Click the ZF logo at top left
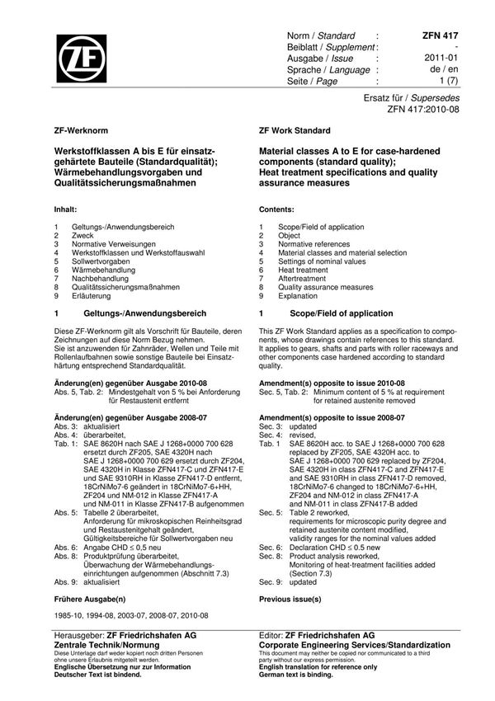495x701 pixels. point(82,60)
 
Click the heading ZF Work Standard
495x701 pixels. point(295,131)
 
